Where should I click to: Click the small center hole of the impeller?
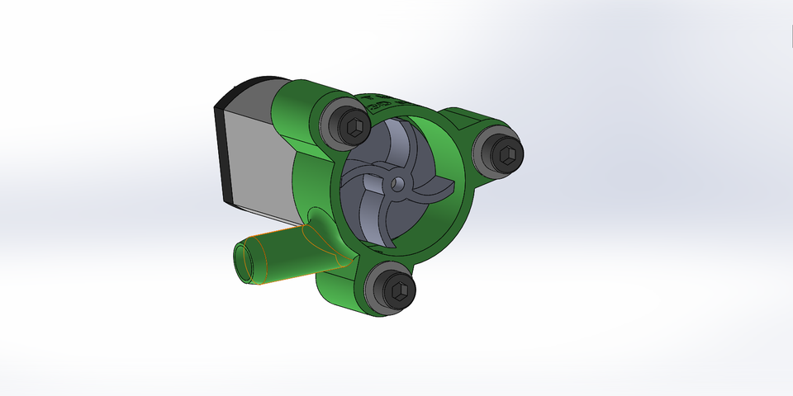398,181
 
